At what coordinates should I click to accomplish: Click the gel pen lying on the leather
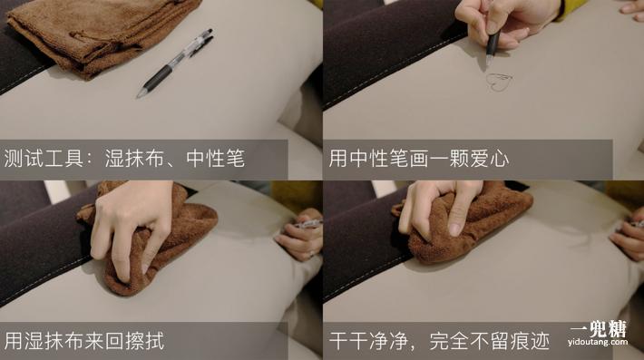click(176, 63)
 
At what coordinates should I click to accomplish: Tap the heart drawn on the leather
click(498, 82)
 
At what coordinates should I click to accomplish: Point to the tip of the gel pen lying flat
click(140, 95)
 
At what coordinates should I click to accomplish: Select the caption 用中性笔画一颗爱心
click(418, 159)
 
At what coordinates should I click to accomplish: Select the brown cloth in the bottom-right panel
click(472, 227)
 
